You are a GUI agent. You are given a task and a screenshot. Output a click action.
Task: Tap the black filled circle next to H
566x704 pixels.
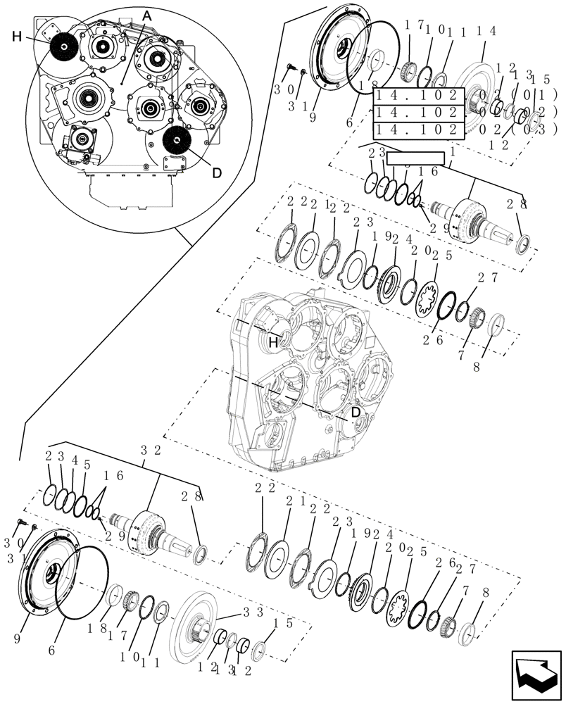pyautogui.click(x=64, y=46)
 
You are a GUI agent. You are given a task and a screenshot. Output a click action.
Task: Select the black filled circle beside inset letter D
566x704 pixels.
pyautogui.click(x=177, y=142)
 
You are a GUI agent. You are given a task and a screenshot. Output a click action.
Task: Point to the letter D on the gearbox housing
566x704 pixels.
pyautogui.click(x=356, y=411)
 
